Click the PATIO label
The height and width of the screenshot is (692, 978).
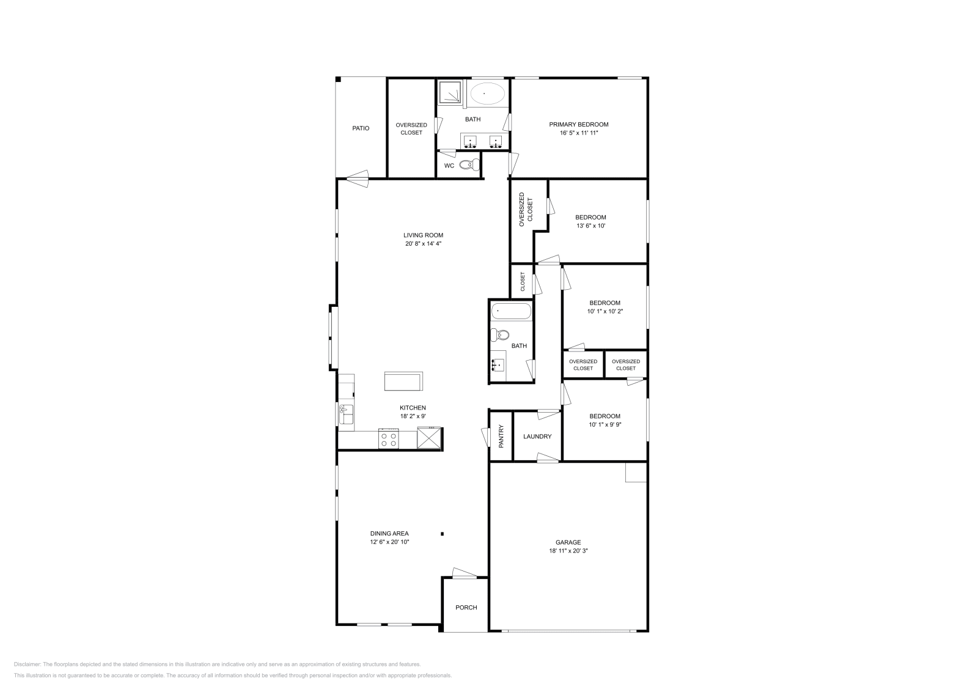pos(361,128)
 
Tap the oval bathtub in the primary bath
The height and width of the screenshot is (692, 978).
pos(487,94)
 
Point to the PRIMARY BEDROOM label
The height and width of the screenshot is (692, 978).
pos(578,124)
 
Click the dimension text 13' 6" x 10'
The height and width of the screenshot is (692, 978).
pos(590,226)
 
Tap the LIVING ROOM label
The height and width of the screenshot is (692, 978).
pos(423,235)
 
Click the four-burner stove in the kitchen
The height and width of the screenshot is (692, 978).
pos(389,438)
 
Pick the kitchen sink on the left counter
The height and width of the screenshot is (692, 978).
pos(347,414)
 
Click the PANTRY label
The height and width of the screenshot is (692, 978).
pos(501,436)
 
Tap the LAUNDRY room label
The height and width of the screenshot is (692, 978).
pos(537,436)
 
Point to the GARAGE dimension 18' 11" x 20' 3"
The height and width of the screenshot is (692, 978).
pos(568,551)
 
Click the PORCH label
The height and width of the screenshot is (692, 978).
pos(466,607)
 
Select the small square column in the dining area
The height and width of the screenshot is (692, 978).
pos(443,534)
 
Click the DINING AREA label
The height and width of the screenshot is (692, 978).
pos(389,533)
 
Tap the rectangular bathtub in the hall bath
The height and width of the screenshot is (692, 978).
pos(511,311)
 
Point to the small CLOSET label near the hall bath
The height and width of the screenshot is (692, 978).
pos(523,282)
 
